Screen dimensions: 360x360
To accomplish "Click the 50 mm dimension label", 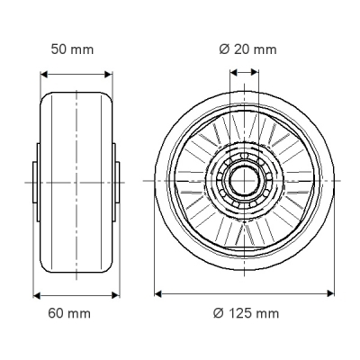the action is point(72,49).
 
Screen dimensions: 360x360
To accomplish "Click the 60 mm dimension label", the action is point(69,313).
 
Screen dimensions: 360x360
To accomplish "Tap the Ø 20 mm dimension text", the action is point(247,49).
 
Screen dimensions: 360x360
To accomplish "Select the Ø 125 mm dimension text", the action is point(247,313).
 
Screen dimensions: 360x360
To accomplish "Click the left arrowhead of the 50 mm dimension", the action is point(44,75).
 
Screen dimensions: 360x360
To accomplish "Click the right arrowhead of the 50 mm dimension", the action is point(108,75).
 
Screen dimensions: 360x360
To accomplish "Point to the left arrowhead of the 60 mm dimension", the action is point(37,295).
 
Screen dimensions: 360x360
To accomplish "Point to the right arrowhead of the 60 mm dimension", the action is point(115,295).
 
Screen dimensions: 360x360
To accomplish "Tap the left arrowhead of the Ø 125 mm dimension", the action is point(158,293).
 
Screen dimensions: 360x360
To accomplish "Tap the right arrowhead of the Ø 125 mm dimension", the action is point(330,293).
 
